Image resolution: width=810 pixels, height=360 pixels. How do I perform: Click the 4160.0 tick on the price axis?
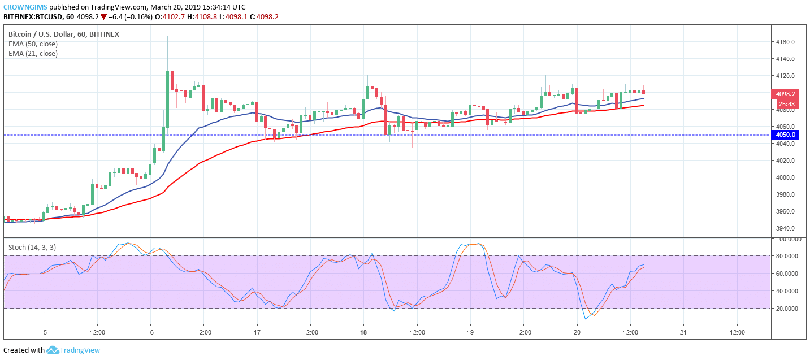pyautogui.click(x=786, y=42)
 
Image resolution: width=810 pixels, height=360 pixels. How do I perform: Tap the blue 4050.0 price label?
pyautogui.click(x=785, y=135)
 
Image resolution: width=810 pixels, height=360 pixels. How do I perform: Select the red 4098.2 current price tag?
pyautogui.click(x=785, y=94)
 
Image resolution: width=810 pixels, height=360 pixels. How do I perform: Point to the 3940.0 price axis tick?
pyautogui.click(x=786, y=228)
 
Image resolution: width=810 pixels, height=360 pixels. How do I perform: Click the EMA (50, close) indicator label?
pyautogui.click(x=33, y=44)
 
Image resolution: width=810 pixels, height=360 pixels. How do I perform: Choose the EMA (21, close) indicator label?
pyautogui.click(x=33, y=54)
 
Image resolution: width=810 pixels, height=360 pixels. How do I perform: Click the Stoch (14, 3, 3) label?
pyautogui.click(x=32, y=248)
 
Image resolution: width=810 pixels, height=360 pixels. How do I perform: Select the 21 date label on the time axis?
pyautogui.click(x=683, y=332)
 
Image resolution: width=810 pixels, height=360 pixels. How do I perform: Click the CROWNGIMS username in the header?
pyautogui.click(x=25, y=7)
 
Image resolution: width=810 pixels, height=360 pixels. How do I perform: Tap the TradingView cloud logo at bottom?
pyautogui.click(x=53, y=350)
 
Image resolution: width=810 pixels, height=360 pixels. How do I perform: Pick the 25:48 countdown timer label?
pyautogui.click(x=785, y=104)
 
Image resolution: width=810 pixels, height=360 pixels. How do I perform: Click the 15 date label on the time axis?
pyautogui.click(x=44, y=332)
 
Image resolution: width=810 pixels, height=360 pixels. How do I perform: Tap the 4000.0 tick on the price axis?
pyautogui.click(x=786, y=177)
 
